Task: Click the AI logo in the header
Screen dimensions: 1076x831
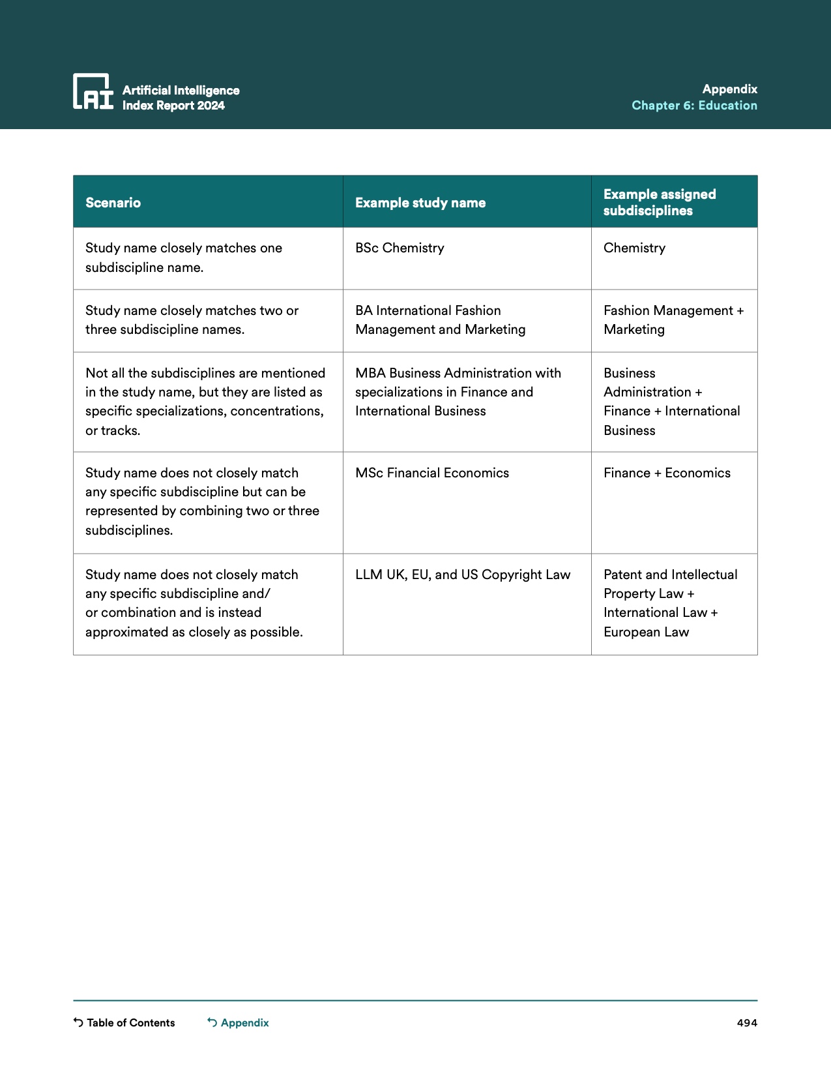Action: pos(93,91)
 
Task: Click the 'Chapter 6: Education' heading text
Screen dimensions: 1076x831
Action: pos(694,106)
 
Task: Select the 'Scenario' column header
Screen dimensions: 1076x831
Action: pos(113,203)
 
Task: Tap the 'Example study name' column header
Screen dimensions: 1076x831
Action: pos(420,203)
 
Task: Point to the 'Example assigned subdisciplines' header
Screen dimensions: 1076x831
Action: pos(660,202)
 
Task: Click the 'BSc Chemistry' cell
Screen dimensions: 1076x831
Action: pos(400,248)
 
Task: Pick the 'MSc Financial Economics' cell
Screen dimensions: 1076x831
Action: pos(432,473)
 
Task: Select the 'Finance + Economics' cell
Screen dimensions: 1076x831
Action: pos(667,473)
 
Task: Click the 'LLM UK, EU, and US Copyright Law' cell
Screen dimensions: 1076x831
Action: pos(463,575)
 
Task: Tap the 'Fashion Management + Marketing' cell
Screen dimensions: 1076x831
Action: pos(673,320)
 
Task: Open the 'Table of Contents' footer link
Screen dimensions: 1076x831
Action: pos(130,1023)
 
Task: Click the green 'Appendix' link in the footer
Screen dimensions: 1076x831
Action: pos(244,1023)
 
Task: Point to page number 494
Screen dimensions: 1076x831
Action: pos(747,1023)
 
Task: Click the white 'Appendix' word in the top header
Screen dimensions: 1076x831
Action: pos(729,89)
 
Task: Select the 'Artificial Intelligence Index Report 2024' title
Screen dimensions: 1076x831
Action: pos(181,98)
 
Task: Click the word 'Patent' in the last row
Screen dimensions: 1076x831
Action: pos(622,575)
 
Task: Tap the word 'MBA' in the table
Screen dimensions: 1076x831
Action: pos(370,373)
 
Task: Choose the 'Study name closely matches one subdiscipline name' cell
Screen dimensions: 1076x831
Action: pos(184,258)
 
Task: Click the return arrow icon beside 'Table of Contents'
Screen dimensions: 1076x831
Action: pos(78,1023)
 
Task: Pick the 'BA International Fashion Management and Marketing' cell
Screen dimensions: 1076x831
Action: pos(440,320)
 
